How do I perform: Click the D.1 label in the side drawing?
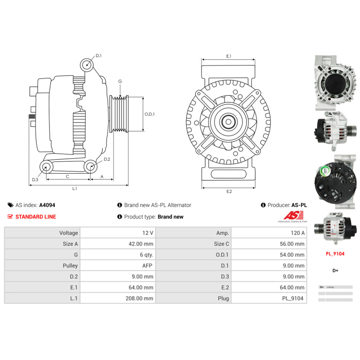coord(99,56)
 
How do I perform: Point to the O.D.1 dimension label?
coord(149,114)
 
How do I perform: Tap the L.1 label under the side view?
coord(75,188)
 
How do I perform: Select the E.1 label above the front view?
coord(229,56)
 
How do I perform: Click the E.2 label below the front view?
coord(229,191)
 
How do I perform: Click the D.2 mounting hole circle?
coord(90,167)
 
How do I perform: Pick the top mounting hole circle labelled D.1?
coord(87,65)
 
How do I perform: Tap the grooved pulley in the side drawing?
coord(119,114)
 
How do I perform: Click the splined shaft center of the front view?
coord(228,122)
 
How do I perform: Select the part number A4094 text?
coord(47,205)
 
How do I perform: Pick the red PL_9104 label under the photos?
coord(335,254)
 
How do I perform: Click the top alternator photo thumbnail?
coord(335,83)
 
